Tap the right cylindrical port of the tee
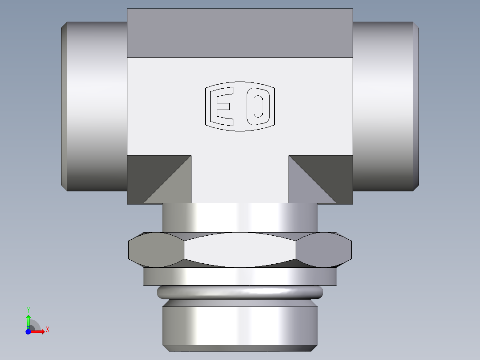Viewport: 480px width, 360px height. pos(383,106)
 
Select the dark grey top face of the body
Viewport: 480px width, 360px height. pos(240,33)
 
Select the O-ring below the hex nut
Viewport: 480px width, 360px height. pos(240,292)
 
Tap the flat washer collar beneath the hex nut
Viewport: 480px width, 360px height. pos(240,277)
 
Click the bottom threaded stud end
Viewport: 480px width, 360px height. pos(240,325)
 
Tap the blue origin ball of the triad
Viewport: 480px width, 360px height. pos(28,331)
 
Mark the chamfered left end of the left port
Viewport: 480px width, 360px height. pos(64,106)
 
